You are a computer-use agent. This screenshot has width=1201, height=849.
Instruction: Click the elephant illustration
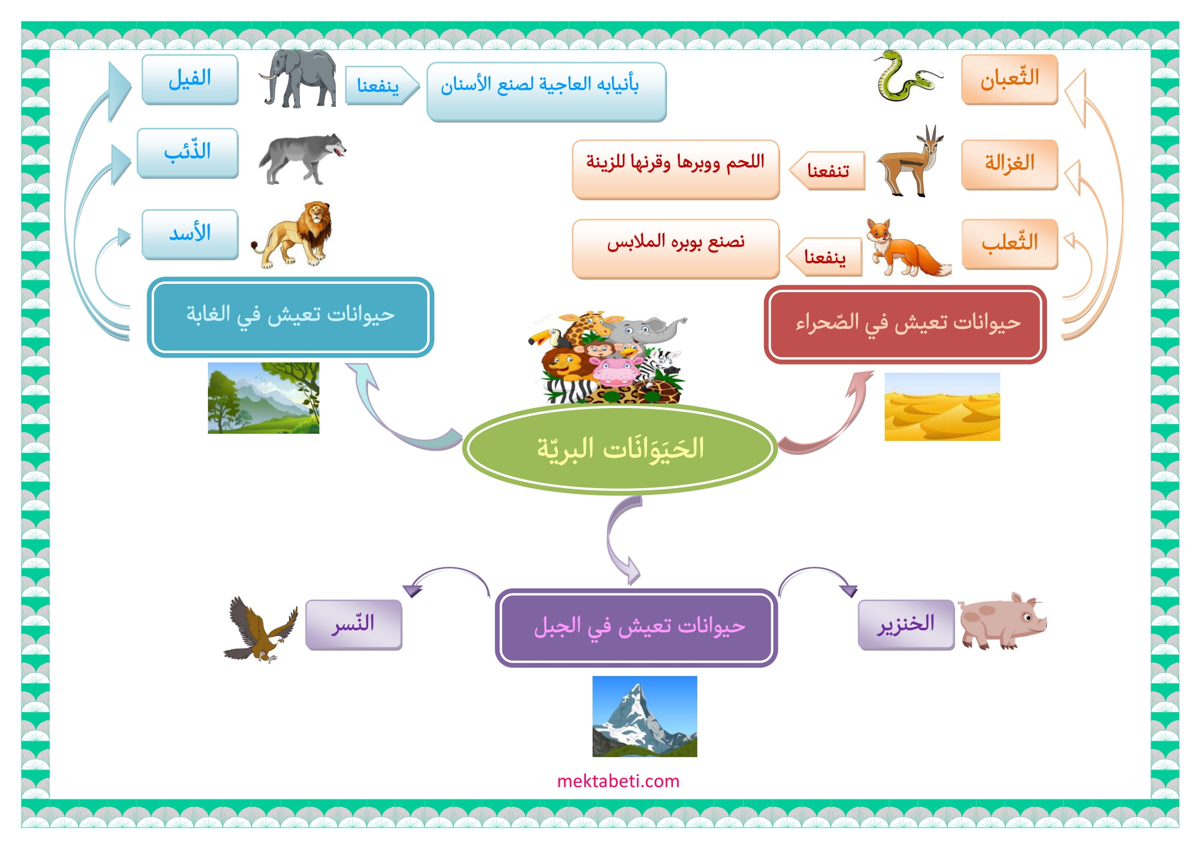(298, 79)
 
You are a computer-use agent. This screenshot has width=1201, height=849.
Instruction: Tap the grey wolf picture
(302, 159)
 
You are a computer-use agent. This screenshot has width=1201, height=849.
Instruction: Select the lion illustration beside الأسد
(293, 235)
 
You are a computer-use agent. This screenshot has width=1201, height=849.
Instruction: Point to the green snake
(907, 76)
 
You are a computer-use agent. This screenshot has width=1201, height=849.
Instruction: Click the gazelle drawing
(911, 161)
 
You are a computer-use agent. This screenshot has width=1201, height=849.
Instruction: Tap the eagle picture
(260, 629)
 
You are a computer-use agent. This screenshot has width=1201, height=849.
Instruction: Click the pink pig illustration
(1002, 621)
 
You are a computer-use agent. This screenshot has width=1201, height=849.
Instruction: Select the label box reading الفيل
(190, 80)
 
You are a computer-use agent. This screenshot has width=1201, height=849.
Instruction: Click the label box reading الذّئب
(188, 153)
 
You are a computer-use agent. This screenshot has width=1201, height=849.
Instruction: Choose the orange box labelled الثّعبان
(1009, 80)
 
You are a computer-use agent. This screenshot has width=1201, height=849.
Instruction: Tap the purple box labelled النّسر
(354, 625)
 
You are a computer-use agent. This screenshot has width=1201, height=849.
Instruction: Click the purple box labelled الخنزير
(906, 625)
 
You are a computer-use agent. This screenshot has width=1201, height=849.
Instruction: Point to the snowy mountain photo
(644, 716)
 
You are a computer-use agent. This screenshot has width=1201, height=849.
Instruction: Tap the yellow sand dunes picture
(942, 407)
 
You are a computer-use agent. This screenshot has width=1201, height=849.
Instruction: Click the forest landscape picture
(263, 398)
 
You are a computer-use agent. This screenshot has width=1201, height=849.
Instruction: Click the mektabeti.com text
(618, 781)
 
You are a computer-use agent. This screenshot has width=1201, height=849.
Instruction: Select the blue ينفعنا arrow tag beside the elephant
(382, 85)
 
